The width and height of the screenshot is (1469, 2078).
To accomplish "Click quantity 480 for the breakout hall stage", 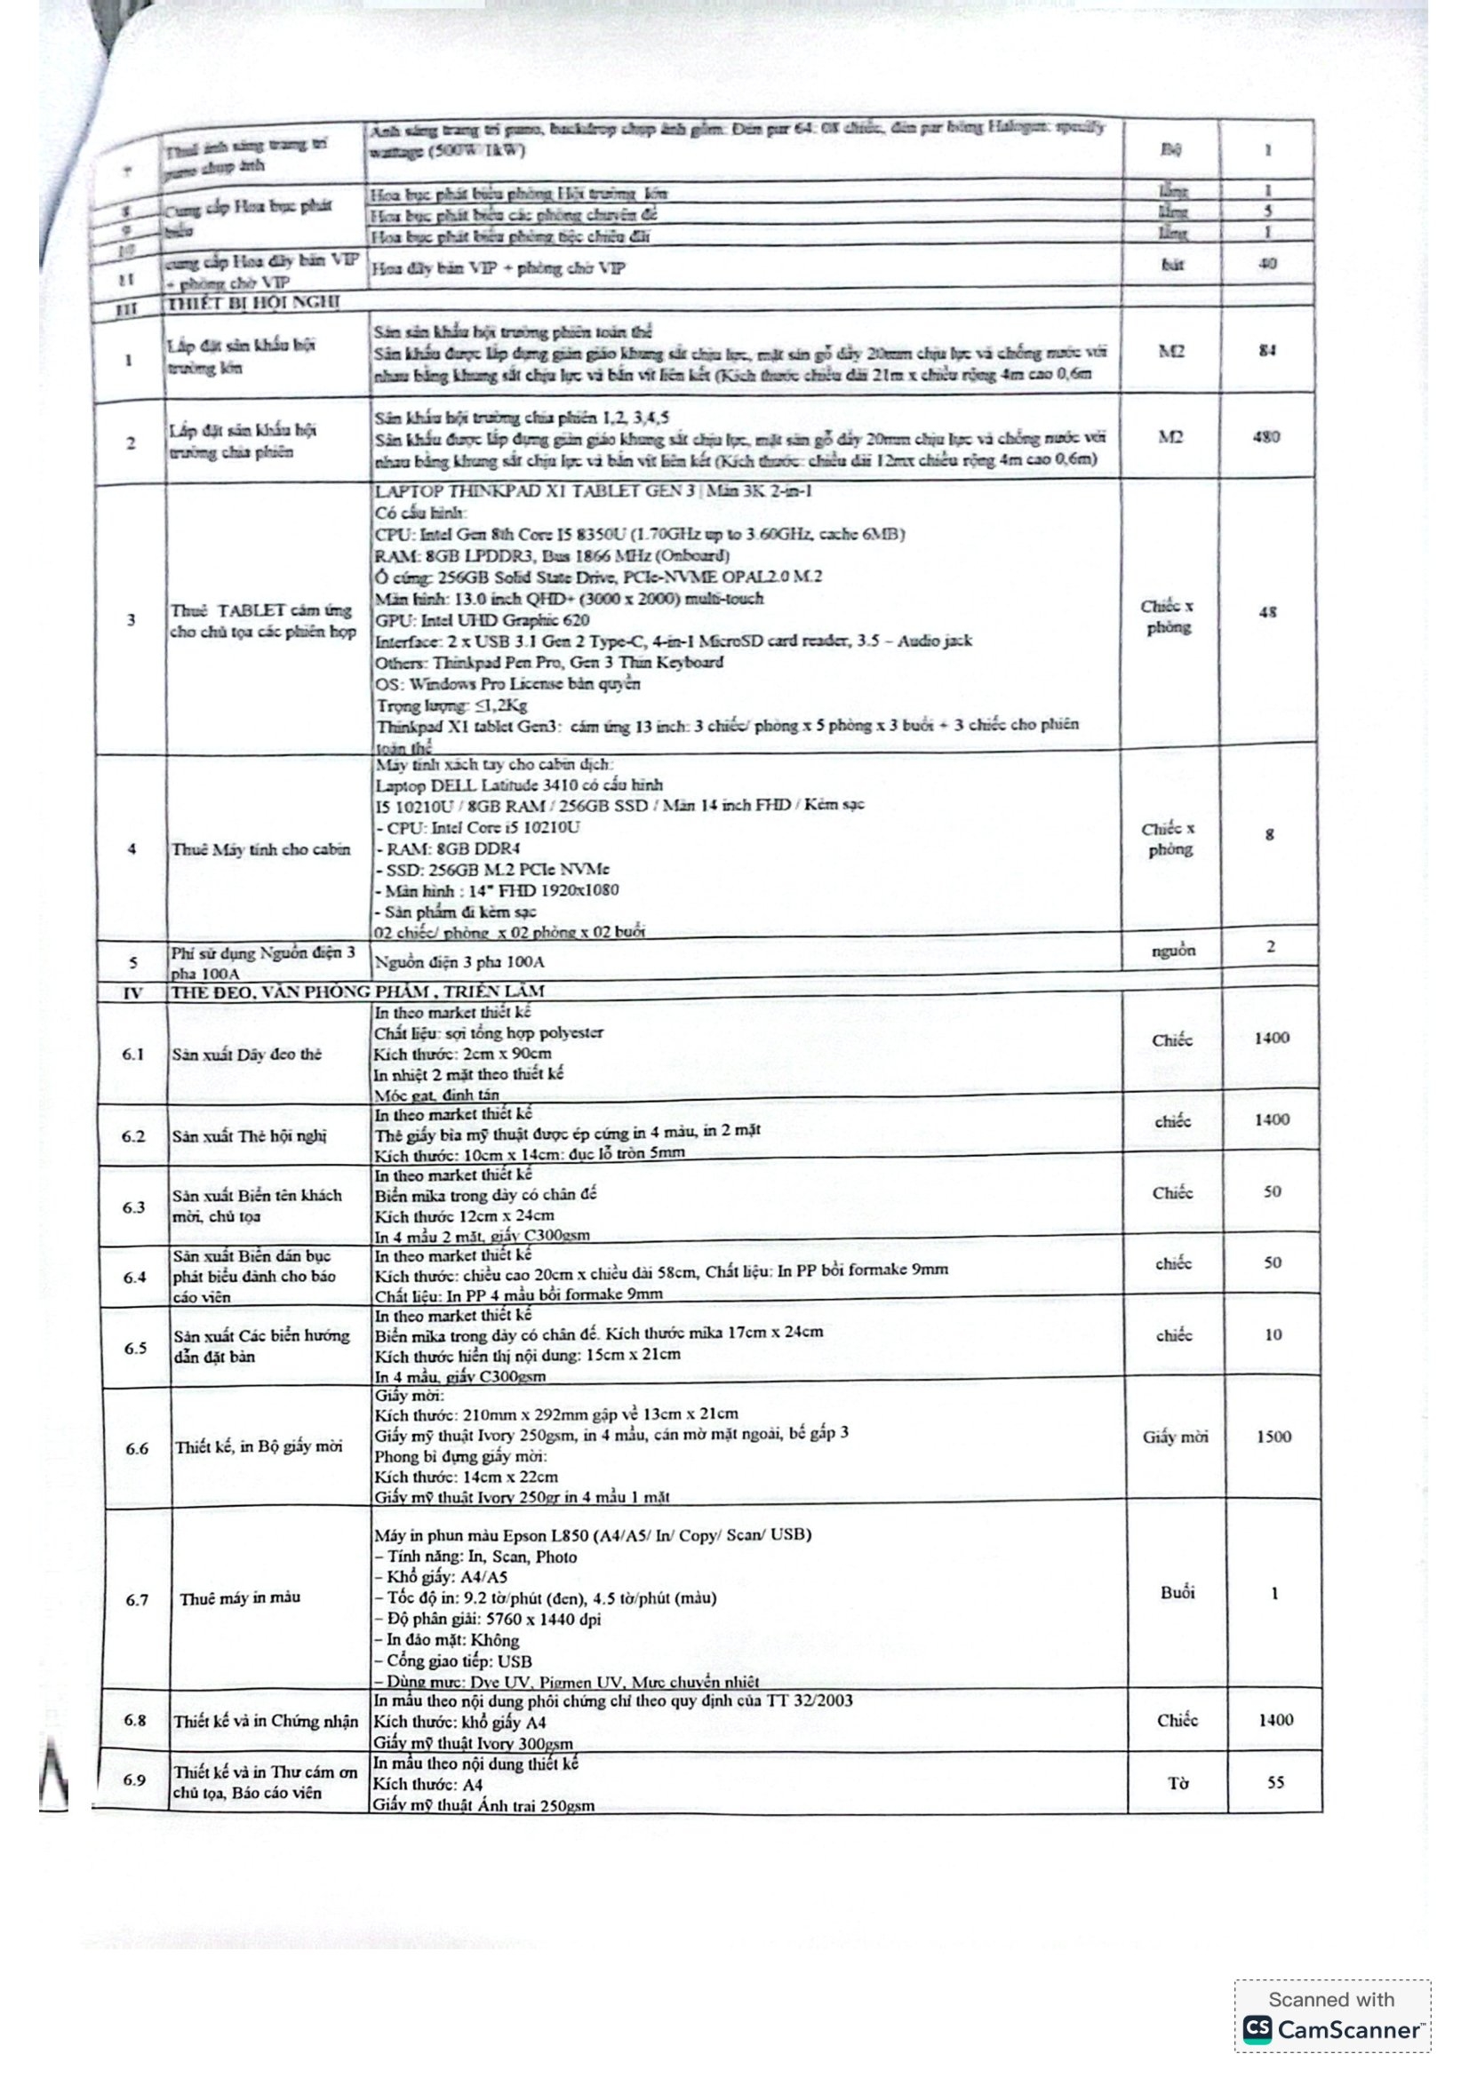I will (x=1266, y=437).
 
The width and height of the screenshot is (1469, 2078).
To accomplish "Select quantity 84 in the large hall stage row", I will (x=1267, y=350).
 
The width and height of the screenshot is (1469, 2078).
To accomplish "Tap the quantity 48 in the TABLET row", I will (x=1267, y=612).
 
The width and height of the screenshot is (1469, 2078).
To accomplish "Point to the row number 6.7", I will (x=137, y=1600).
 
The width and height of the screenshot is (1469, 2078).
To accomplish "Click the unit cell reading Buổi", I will (x=1177, y=1592).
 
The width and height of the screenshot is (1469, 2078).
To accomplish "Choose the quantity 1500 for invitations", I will (x=1273, y=1437).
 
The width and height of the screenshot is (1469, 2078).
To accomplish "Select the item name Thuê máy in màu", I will (x=240, y=1598).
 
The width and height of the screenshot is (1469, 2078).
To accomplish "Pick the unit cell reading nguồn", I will (x=1174, y=951).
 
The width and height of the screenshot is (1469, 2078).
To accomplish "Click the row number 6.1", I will (x=133, y=1055).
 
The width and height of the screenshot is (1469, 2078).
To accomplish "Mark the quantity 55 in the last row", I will (x=1275, y=1782).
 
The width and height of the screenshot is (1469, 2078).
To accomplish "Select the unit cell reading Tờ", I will (x=1178, y=1783).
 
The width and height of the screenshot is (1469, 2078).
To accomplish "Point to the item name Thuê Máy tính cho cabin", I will (x=260, y=849).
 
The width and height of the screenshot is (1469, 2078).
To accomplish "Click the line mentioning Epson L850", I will (x=592, y=1535).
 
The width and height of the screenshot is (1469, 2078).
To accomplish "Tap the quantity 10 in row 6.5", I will (x=1273, y=1334).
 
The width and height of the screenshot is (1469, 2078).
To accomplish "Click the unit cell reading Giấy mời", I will (x=1175, y=1437).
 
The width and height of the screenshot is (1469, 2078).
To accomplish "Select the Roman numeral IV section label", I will (x=132, y=993).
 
